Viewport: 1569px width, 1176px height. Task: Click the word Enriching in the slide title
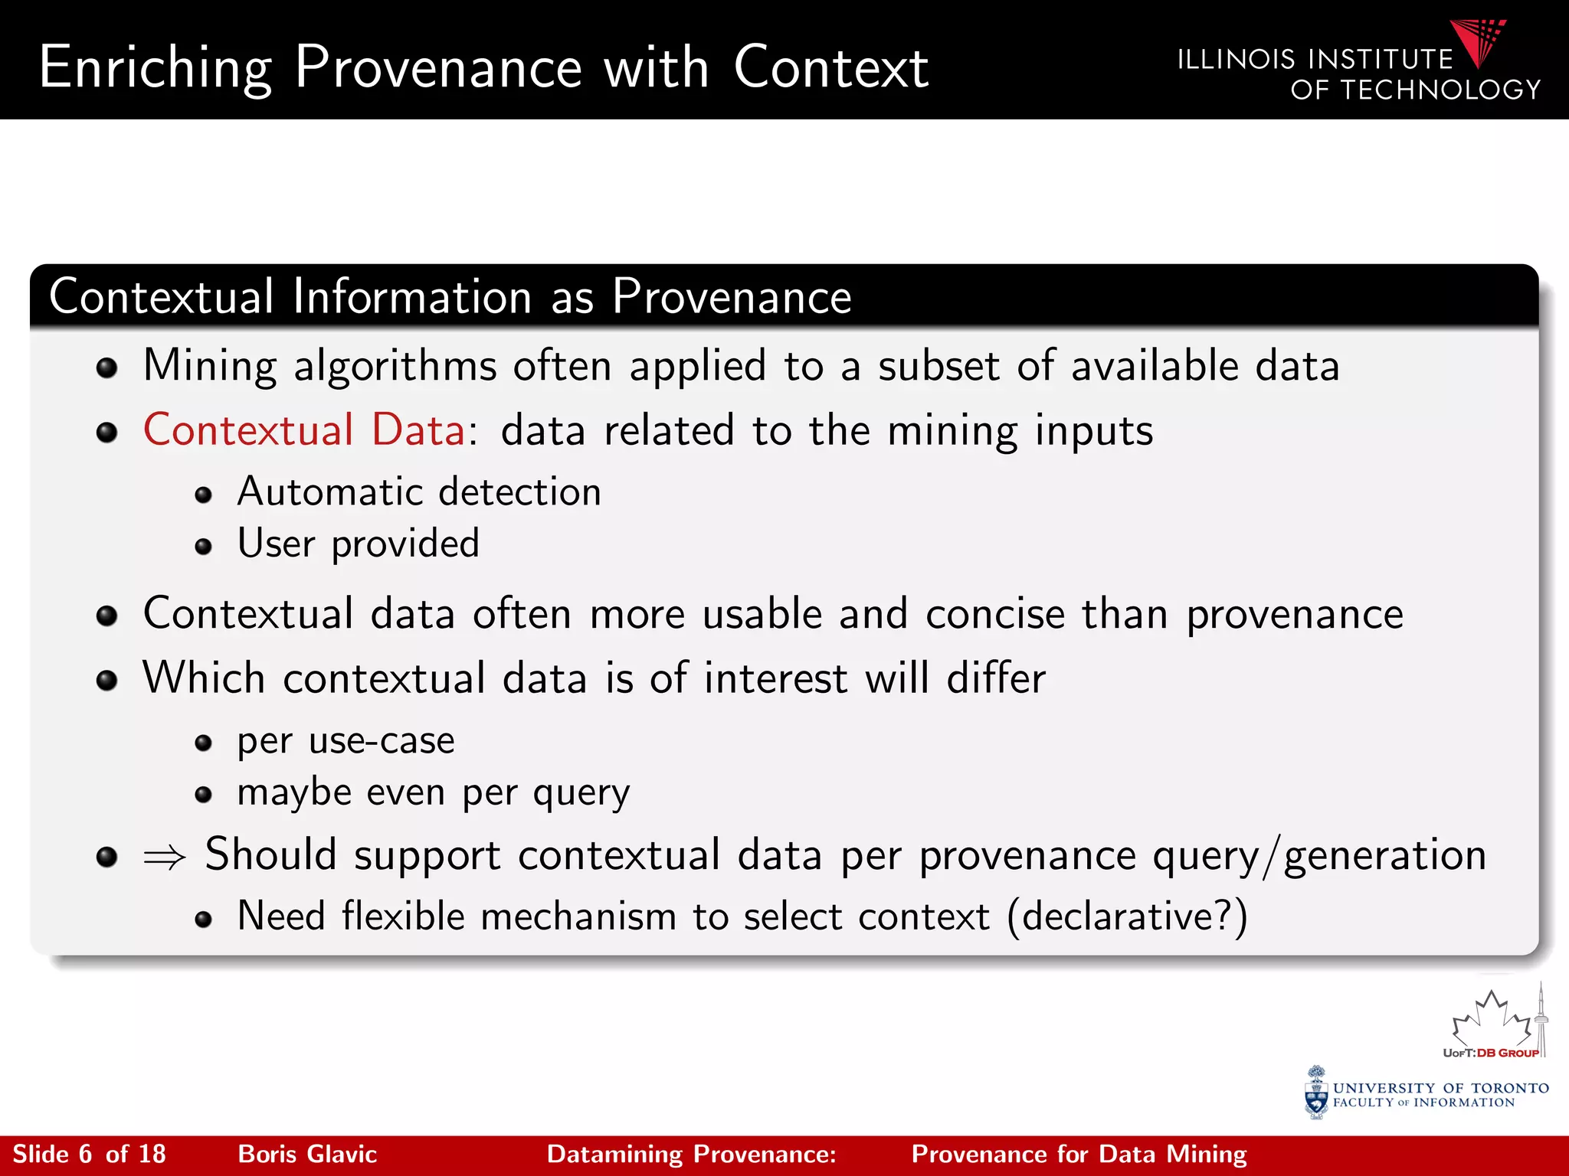tap(156, 69)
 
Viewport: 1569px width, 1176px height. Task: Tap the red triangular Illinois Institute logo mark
tap(1478, 43)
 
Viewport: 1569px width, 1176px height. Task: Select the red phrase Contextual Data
tap(304, 430)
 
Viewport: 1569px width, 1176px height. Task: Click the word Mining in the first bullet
tap(210, 366)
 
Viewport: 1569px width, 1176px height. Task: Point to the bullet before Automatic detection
tap(203, 495)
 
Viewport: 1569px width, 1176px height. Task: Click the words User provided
tap(358, 544)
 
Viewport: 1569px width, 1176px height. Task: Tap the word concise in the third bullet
tap(995, 614)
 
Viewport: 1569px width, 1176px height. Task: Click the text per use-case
tap(346, 740)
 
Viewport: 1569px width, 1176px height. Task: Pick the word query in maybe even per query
tap(581, 793)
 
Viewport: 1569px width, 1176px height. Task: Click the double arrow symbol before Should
tap(165, 857)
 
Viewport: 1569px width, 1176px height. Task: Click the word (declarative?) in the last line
tap(1127, 916)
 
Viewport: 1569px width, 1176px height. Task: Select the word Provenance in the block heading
tap(731, 297)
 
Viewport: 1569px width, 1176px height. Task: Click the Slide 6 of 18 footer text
tap(89, 1154)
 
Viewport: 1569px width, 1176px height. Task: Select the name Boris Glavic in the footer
tap(307, 1154)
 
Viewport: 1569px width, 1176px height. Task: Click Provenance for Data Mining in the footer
tap(1079, 1154)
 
